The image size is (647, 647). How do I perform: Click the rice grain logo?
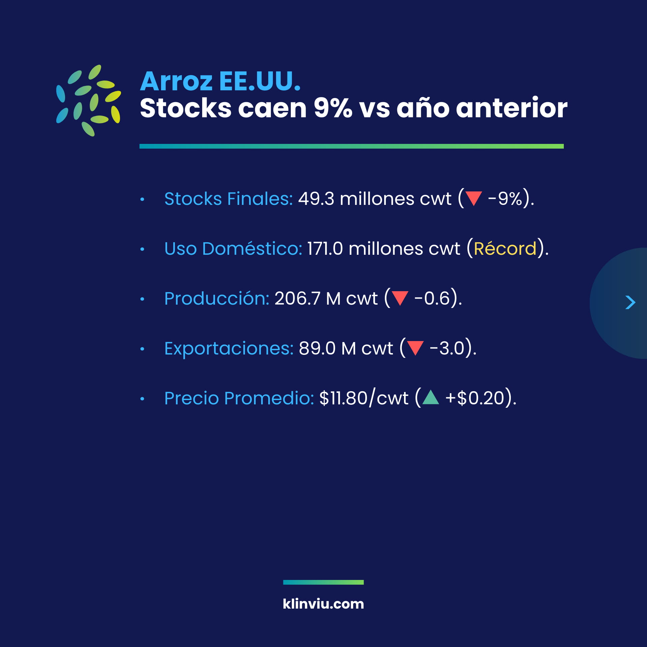coord(89,100)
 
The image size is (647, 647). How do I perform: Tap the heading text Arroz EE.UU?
coord(220,81)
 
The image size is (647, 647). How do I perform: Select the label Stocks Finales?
coord(228,198)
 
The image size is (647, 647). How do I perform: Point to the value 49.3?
coord(316,198)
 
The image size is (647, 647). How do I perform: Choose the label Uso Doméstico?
coord(233,248)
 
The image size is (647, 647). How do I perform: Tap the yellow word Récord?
coord(505,248)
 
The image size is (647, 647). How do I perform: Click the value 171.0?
coord(325,249)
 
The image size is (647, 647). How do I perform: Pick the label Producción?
coord(217,298)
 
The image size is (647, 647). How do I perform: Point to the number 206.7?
coord(297,298)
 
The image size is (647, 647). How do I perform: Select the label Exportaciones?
coord(229,348)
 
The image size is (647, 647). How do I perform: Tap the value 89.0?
coord(317,348)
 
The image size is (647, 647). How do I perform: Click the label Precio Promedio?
coord(239,398)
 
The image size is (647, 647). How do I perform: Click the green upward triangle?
coord(431,397)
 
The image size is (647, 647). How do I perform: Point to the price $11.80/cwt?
coord(364,398)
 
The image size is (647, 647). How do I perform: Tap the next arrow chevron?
coord(630,302)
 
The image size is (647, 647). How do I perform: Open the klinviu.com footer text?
coord(323,604)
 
